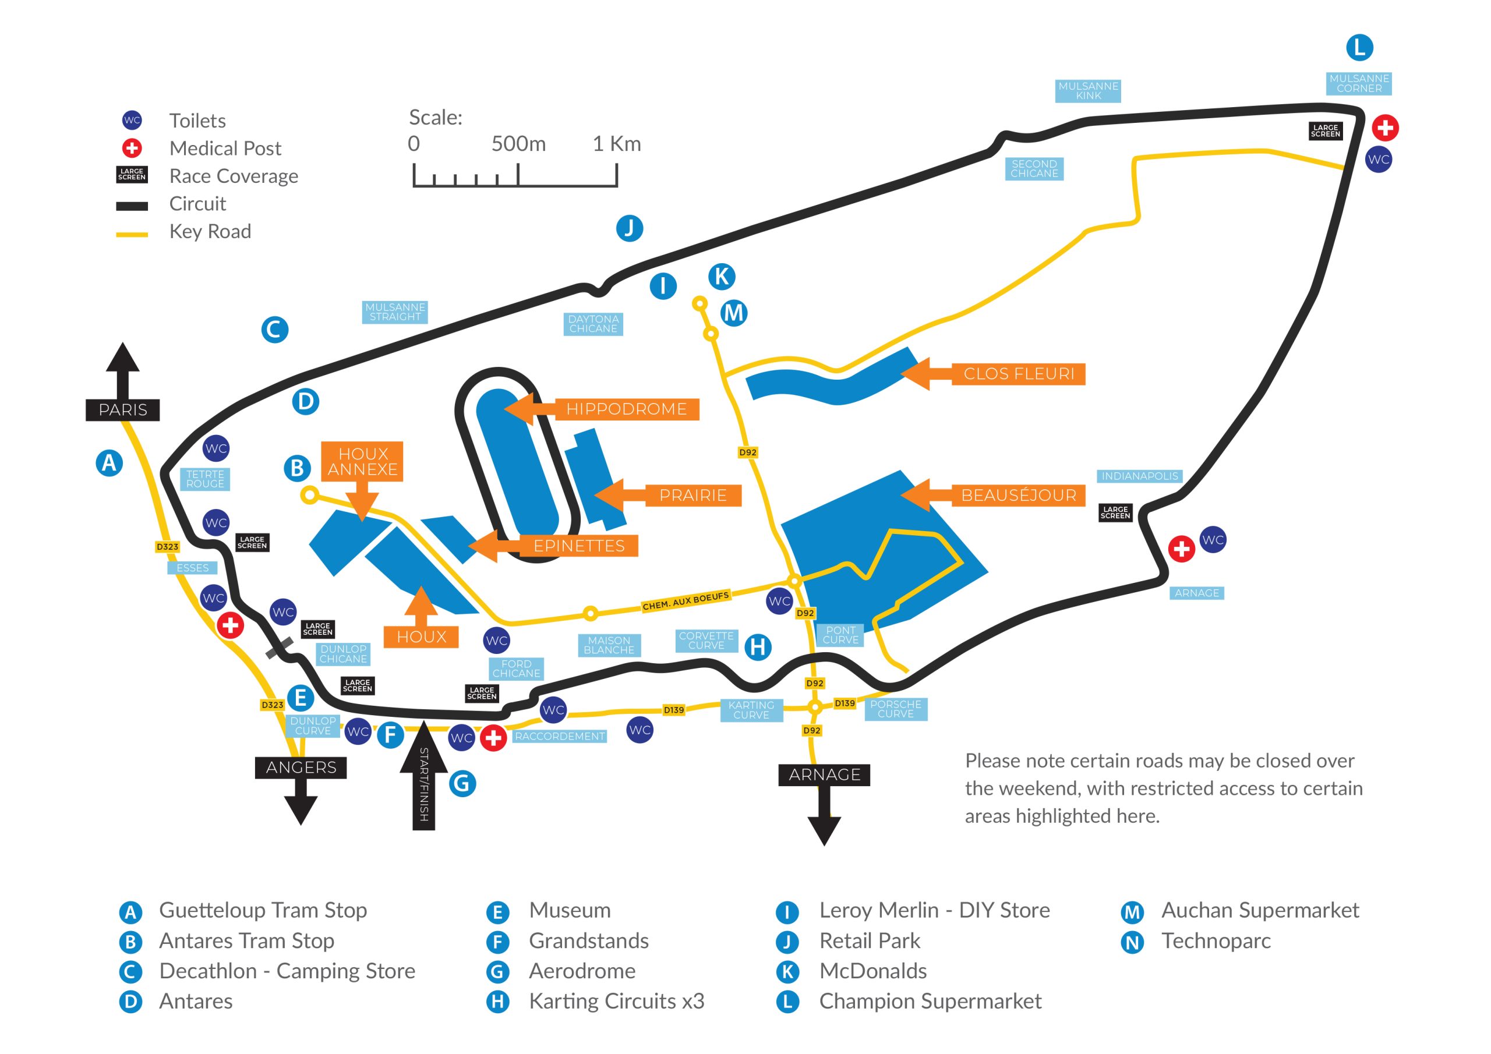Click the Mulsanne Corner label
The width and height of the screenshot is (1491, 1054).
click(1359, 83)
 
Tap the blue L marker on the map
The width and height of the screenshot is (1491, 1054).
click(1359, 47)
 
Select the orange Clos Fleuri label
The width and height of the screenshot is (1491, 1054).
click(1017, 374)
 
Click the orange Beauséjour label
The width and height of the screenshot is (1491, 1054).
click(1017, 496)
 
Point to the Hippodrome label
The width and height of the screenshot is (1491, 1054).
click(626, 409)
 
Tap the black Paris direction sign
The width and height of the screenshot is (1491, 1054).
click(123, 410)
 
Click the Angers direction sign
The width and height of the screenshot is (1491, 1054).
click(301, 767)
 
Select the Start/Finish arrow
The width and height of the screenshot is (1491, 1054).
click(423, 776)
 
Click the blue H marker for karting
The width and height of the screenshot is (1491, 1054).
click(757, 647)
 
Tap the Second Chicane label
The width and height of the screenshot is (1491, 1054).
click(1034, 169)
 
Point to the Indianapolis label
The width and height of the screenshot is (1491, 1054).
click(1139, 476)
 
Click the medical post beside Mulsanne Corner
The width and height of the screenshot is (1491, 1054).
click(1385, 128)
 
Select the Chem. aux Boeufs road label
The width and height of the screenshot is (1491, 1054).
click(685, 602)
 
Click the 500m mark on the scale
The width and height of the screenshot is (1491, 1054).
click(518, 143)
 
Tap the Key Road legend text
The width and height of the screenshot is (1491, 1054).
click(210, 231)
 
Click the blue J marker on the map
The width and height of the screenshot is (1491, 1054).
click(629, 228)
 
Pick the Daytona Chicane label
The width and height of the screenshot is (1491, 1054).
click(593, 324)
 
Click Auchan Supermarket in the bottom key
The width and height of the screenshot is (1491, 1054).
click(1259, 911)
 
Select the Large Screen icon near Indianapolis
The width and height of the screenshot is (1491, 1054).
click(1115, 512)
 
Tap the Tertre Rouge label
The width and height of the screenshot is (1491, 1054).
click(204, 479)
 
